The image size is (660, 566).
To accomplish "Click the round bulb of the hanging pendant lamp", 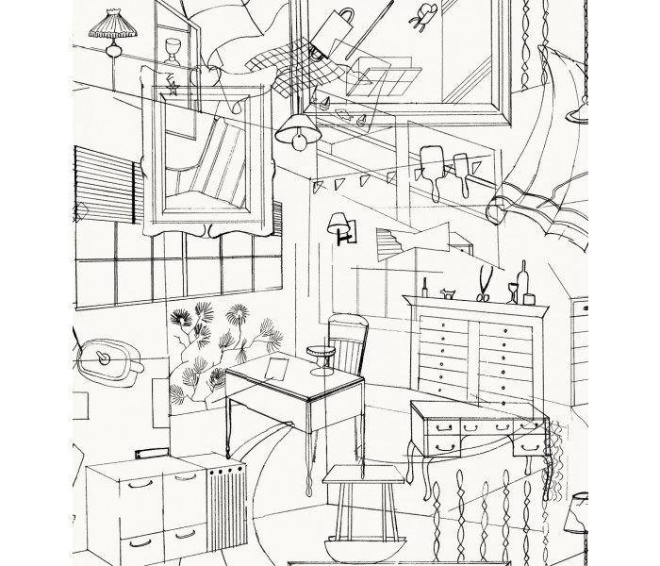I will click(299, 141).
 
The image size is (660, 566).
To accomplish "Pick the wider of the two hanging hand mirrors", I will click(435, 155).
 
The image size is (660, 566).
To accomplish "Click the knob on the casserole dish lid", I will click(102, 358).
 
